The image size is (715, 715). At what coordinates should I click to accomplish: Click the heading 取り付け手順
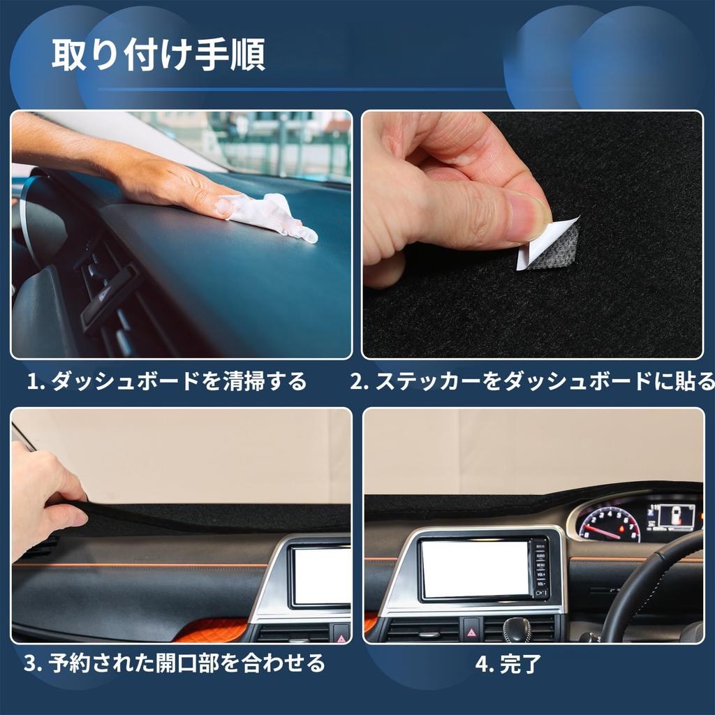pos(158,56)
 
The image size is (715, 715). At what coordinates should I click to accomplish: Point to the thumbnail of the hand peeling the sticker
pos(532,235)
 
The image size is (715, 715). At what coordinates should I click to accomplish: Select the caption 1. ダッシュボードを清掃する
pos(167,381)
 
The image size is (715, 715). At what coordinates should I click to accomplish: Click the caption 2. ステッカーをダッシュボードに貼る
pos(532,381)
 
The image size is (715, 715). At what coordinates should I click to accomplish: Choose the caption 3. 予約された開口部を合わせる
pos(175,662)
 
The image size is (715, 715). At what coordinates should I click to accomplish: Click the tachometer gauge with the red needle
pos(609,524)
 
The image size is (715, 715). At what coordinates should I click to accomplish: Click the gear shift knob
pos(516,628)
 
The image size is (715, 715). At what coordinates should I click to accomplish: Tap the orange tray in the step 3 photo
pos(209,630)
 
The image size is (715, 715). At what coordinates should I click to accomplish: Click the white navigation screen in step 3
pos(321,576)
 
